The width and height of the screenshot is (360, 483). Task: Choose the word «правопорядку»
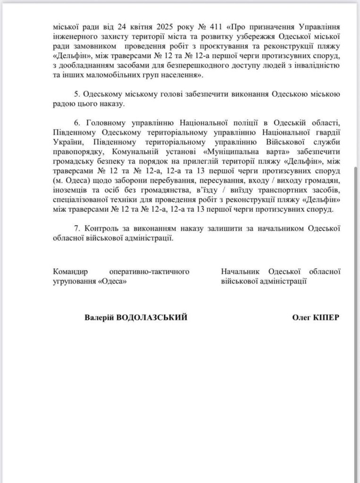[74, 151]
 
